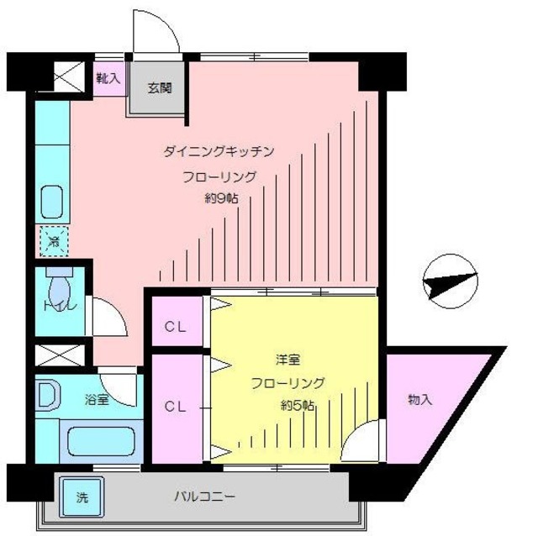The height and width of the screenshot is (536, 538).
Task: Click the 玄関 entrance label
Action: pyautogui.click(x=161, y=87)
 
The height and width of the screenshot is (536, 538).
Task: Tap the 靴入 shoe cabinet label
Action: pyautogui.click(x=108, y=78)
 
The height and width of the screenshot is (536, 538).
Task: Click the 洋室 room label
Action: pyautogui.click(x=287, y=360)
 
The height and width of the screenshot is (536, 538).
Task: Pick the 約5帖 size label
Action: pyautogui.click(x=298, y=406)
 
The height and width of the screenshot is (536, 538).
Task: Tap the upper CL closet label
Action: pyautogui.click(x=176, y=325)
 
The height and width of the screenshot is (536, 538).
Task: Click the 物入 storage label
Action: pyautogui.click(x=419, y=400)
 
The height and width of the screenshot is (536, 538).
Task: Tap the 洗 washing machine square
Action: pyautogui.click(x=82, y=497)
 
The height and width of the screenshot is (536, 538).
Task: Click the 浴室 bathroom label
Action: pyautogui.click(x=96, y=400)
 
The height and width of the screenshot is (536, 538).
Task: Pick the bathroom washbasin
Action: pyautogui.click(x=47, y=396)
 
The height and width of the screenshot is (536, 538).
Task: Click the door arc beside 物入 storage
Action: pyautogui.click(x=364, y=442)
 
